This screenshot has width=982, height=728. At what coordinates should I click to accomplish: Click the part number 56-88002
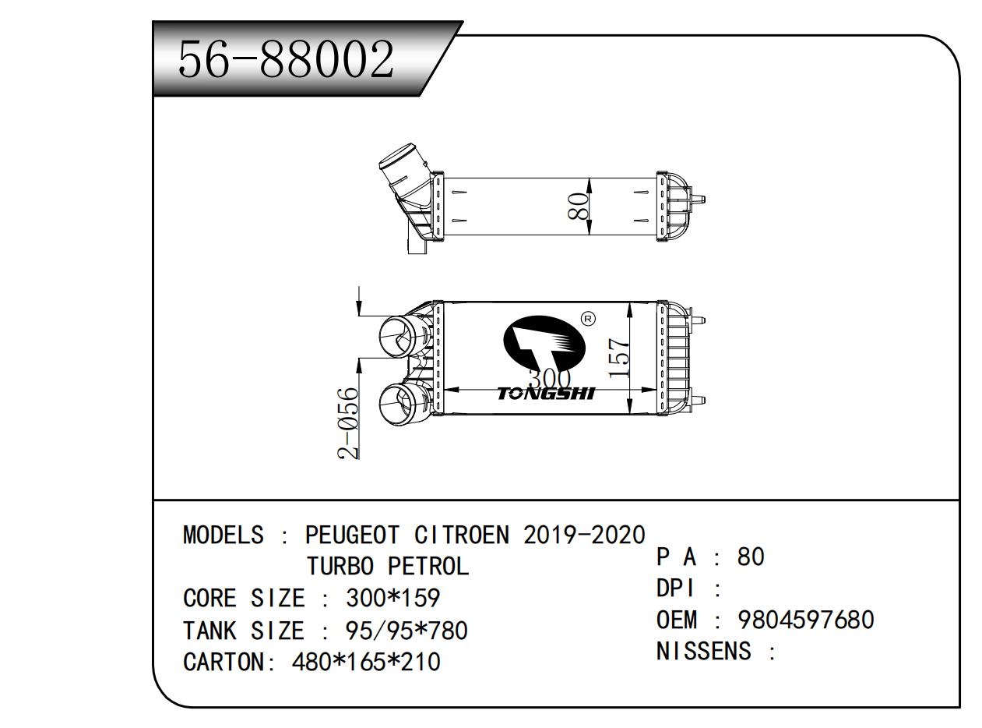[286, 59]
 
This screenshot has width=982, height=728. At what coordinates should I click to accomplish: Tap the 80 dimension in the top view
[578, 206]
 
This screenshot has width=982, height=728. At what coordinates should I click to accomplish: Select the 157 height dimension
[618, 358]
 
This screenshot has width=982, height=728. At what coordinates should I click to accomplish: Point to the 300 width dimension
[549, 380]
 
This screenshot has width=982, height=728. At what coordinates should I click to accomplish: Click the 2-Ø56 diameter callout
[349, 423]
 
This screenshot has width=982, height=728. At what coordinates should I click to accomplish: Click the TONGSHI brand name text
[545, 394]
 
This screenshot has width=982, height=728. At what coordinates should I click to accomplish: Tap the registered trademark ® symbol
[588, 318]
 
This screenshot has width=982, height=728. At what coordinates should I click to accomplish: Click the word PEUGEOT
[352, 535]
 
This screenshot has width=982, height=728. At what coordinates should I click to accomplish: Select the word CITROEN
[462, 535]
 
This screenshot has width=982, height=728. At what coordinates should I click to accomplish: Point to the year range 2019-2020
[584, 535]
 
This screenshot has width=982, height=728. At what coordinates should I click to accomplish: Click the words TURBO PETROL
[388, 567]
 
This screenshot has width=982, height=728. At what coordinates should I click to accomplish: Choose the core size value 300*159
[392, 599]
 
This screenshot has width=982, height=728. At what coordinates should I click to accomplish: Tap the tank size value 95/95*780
[406, 630]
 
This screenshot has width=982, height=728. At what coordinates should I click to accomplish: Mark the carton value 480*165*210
[366, 662]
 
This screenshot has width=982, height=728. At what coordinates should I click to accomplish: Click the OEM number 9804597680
[805, 620]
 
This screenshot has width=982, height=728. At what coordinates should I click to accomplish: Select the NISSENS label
[704, 651]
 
